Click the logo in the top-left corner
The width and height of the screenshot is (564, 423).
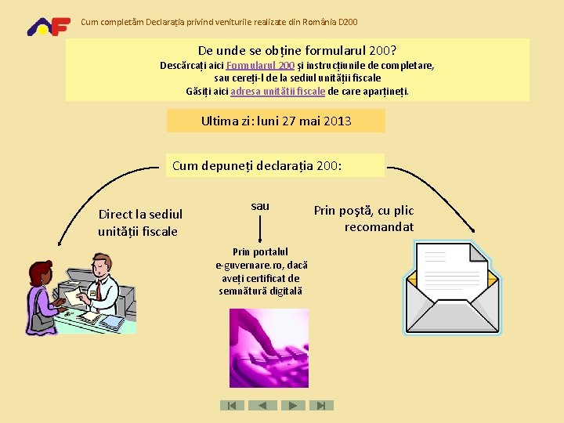click(49, 26)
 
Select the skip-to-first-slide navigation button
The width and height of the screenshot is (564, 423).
click(232, 405)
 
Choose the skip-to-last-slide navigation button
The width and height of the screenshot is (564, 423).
click(322, 405)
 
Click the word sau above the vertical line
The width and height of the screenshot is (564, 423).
click(260, 206)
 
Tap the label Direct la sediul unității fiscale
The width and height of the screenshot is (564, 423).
click(140, 222)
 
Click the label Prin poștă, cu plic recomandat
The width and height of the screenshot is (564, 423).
click(364, 219)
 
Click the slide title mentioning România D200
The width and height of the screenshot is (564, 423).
click(219, 21)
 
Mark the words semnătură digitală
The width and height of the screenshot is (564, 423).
click(261, 291)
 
